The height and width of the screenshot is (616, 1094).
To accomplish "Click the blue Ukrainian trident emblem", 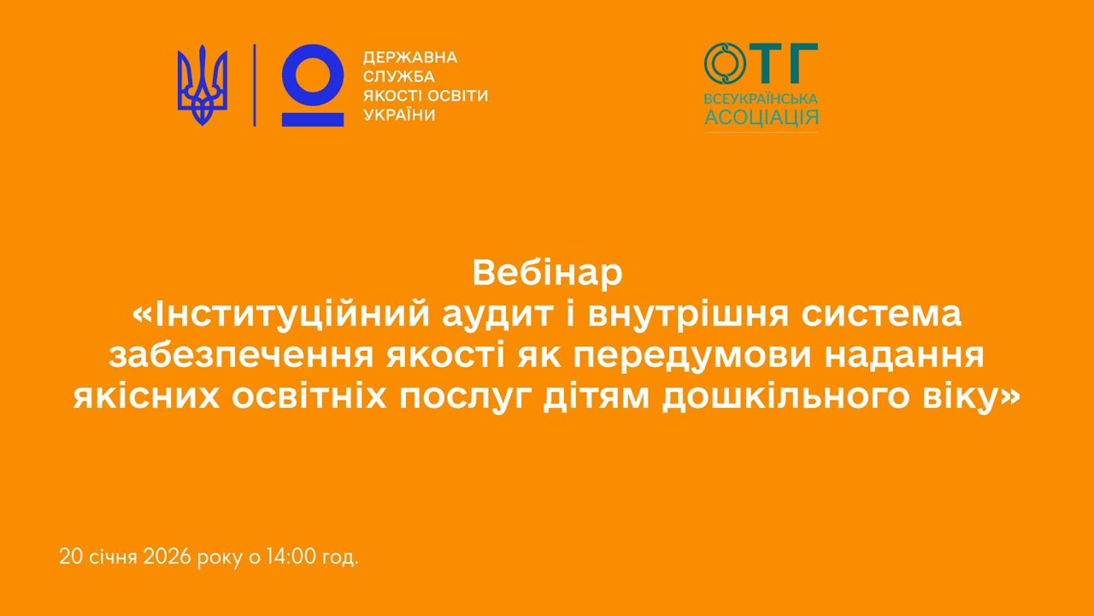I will (x=203, y=86).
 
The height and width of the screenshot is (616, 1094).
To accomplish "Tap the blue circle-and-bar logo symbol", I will (x=313, y=86).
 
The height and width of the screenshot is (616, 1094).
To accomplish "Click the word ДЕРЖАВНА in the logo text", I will (x=410, y=57).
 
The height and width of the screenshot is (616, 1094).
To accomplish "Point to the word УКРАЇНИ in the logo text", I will (x=399, y=115).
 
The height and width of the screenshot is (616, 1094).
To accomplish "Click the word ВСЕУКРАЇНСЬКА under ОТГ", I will (x=761, y=98).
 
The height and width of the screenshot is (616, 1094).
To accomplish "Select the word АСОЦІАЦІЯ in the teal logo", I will (x=761, y=116).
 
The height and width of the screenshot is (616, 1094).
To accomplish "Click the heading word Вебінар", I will (x=547, y=274).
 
